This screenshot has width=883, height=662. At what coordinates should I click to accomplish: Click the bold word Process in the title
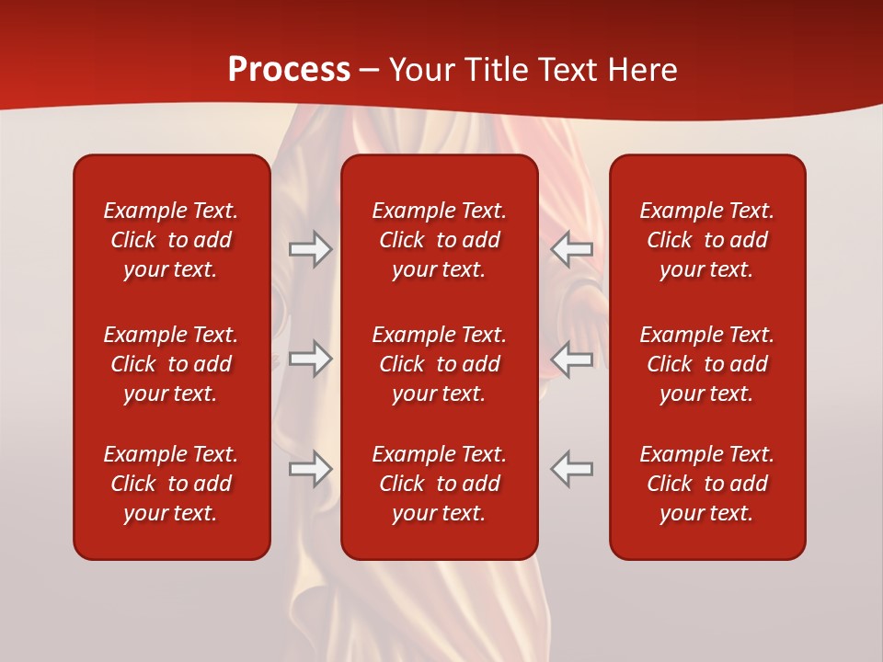tap(289, 70)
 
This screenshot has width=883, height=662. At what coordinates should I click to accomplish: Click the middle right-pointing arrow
tap(311, 359)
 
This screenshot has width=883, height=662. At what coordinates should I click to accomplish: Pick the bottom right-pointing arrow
tap(311, 469)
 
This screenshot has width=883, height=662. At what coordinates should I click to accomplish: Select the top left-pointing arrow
tap(572, 249)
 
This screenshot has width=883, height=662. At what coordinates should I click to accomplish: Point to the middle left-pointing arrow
tap(572, 359)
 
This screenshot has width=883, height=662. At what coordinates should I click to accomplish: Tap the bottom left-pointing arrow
tap(572, 468)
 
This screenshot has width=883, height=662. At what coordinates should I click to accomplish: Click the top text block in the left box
tap(171, 240)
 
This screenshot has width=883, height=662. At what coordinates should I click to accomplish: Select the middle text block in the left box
tap(171, 364)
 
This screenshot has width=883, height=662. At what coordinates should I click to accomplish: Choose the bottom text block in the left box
tap(171, 484)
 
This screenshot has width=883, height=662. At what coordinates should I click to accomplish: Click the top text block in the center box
tap(440, 240)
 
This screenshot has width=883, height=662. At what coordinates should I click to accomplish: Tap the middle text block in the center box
tap(440, 364)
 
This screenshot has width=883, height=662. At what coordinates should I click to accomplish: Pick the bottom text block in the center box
tap(440, 484)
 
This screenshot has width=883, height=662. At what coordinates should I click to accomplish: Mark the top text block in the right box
tap(707, 240)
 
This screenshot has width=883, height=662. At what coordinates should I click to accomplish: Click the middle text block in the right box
tap(707, 364)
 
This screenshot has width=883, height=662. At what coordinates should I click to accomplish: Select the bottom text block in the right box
tap(707, 484)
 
